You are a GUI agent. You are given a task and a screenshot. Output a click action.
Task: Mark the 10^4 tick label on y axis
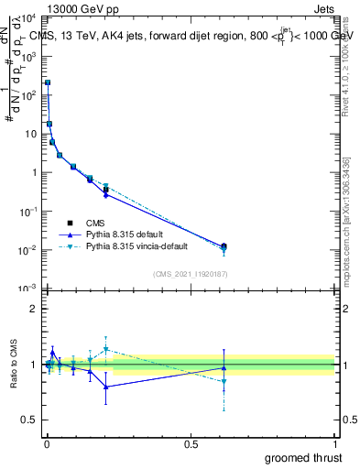(27, 18)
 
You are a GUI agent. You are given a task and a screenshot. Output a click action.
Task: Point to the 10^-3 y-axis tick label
(27, 289)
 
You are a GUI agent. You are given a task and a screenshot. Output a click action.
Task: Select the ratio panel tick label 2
(34, 309)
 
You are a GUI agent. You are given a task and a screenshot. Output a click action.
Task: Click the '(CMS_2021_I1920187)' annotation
(190, 273)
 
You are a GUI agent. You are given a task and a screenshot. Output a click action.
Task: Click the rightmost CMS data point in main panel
(224, 246)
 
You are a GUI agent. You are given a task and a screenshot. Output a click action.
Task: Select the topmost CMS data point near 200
(48, 82)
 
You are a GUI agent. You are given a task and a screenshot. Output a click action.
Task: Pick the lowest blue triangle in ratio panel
(106, 387)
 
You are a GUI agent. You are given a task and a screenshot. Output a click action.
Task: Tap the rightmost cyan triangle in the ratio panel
(224, 382)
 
